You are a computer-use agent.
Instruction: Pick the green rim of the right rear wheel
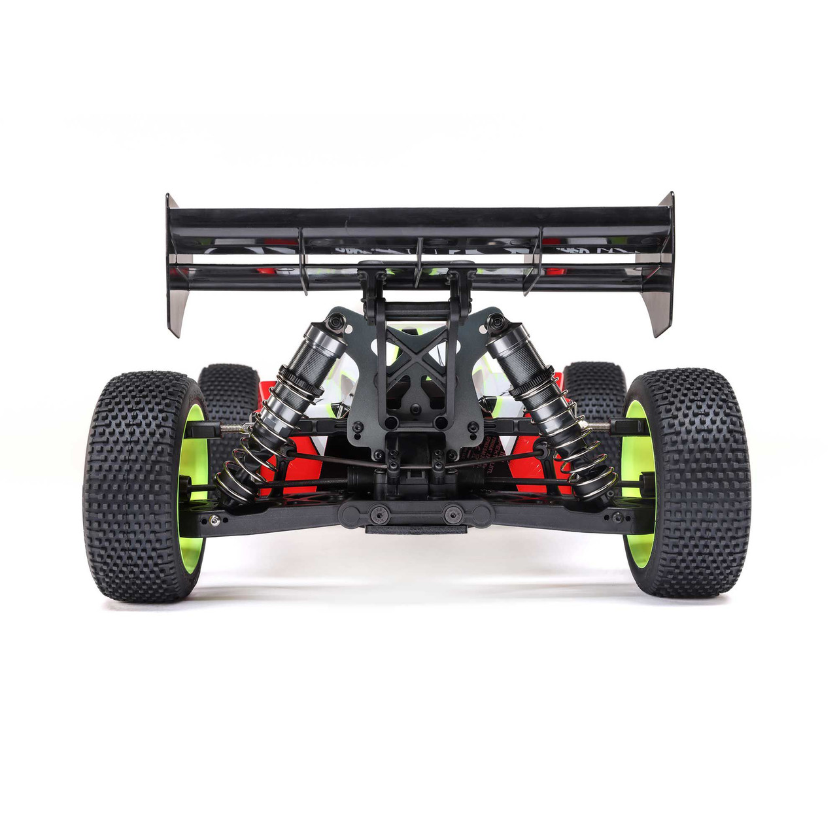pyautogui.click(x=634, y=484)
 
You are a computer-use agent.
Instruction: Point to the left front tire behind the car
pyautogui.click(x=229, y=392)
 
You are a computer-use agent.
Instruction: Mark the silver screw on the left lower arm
pyautogui.click(x=214, y=520)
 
